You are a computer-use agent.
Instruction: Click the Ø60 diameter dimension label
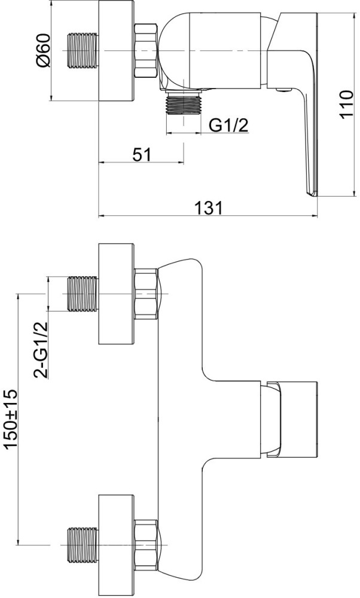click(44, 50)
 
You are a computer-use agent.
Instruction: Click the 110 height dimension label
click(347, 105)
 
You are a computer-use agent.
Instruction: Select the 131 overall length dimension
click(208, 208)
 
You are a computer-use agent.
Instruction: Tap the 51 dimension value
click(142, 155)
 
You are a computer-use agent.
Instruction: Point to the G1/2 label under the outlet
click(228, 125)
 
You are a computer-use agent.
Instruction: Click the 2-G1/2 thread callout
click(41, 350)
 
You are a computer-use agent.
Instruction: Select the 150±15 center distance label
click(11, 419)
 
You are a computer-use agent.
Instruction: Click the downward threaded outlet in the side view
click(184, 103)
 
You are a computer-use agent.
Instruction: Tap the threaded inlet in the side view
click(83, 51)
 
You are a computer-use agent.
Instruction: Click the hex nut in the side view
click(146, 51)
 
